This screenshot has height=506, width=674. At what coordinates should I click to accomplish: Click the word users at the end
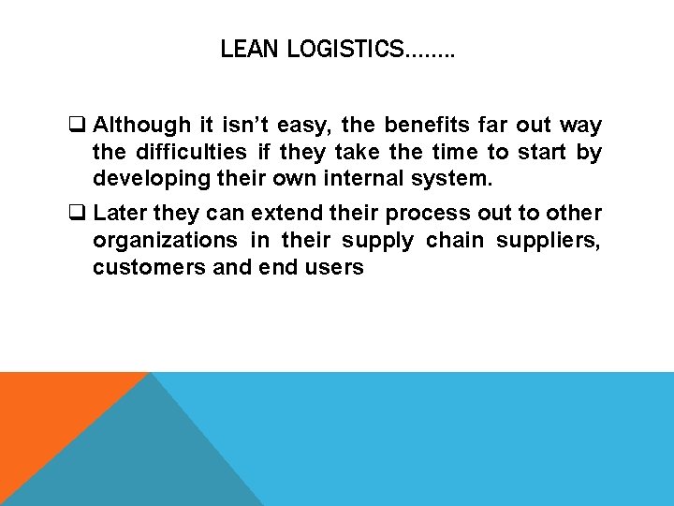pos(336,267)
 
